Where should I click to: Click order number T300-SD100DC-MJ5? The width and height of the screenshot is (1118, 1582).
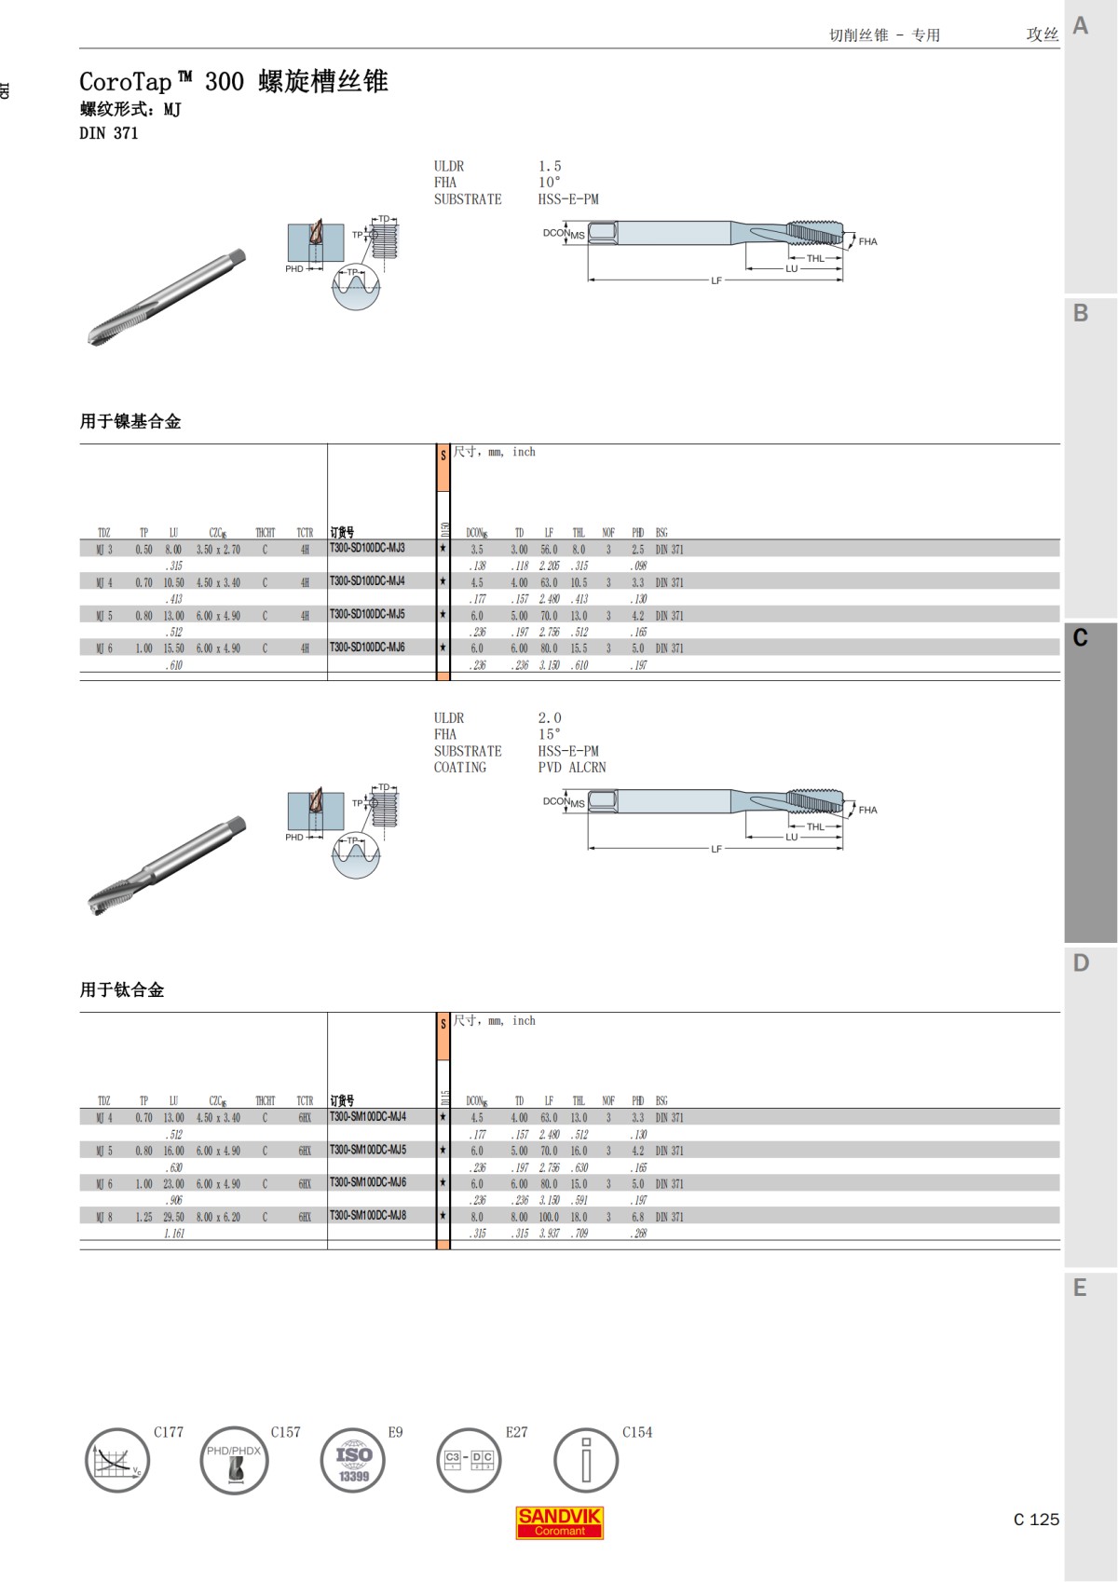pyautogui.click(x=367, y=614)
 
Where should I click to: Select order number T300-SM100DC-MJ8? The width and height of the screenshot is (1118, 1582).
pyautogui.click(x=367, y=1215)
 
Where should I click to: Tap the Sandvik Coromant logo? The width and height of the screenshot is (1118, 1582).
pyautogui.click(x=559, y=1521)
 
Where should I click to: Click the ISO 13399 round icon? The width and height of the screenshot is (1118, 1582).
pyautogui.click(x=353, y=1461)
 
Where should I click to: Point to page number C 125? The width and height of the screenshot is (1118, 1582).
pyautogui.click(x=1036, y=1520)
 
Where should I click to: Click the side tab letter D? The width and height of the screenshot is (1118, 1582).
pyautogui.click(x=1081, y=963)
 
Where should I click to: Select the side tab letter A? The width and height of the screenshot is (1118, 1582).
pyautogui.click(x=1081, y=26)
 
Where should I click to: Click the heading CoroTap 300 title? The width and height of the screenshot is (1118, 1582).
pyautogui.click(x=233, y=82)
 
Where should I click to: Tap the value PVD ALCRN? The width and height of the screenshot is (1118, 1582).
pyautogui.click(x=571, y=768)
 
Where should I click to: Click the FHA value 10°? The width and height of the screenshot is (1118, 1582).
pyautogui.click(x=549, y=183)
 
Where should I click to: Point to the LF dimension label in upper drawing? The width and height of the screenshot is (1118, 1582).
pyautogui.click(x=716, y=280)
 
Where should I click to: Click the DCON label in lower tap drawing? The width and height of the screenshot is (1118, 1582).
pyautogui.click(x=556, y=801)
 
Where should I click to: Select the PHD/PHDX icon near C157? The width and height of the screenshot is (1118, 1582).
pyautogui.click(x=234, y=1461)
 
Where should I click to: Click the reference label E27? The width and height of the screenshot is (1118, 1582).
pyautogui.click(x=516, y=1432)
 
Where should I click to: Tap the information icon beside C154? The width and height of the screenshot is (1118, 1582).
pyautogui.click(x=586, y=1461)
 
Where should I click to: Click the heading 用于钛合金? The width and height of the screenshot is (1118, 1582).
pyautogui.click(x=122, y=989)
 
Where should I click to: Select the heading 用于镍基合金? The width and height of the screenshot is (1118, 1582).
pyautogui.click(x=130, y=421)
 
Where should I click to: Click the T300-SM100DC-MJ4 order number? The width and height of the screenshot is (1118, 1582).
pyautogui.click(x=367, y=1116)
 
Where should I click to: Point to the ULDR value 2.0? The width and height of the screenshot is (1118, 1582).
pyautogui.click(x=549, y=718)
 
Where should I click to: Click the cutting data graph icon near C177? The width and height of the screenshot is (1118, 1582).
pyautogui.click(x=117, y=1461)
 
